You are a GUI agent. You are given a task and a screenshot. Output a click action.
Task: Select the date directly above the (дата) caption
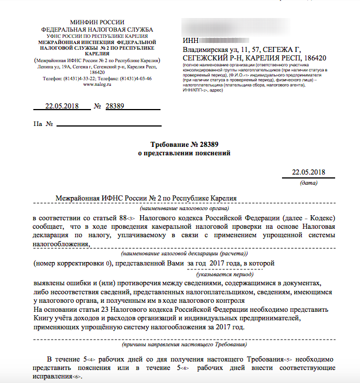[x=309, y=172]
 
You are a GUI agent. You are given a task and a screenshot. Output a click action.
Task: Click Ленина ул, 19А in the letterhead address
[x=57, y=67]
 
